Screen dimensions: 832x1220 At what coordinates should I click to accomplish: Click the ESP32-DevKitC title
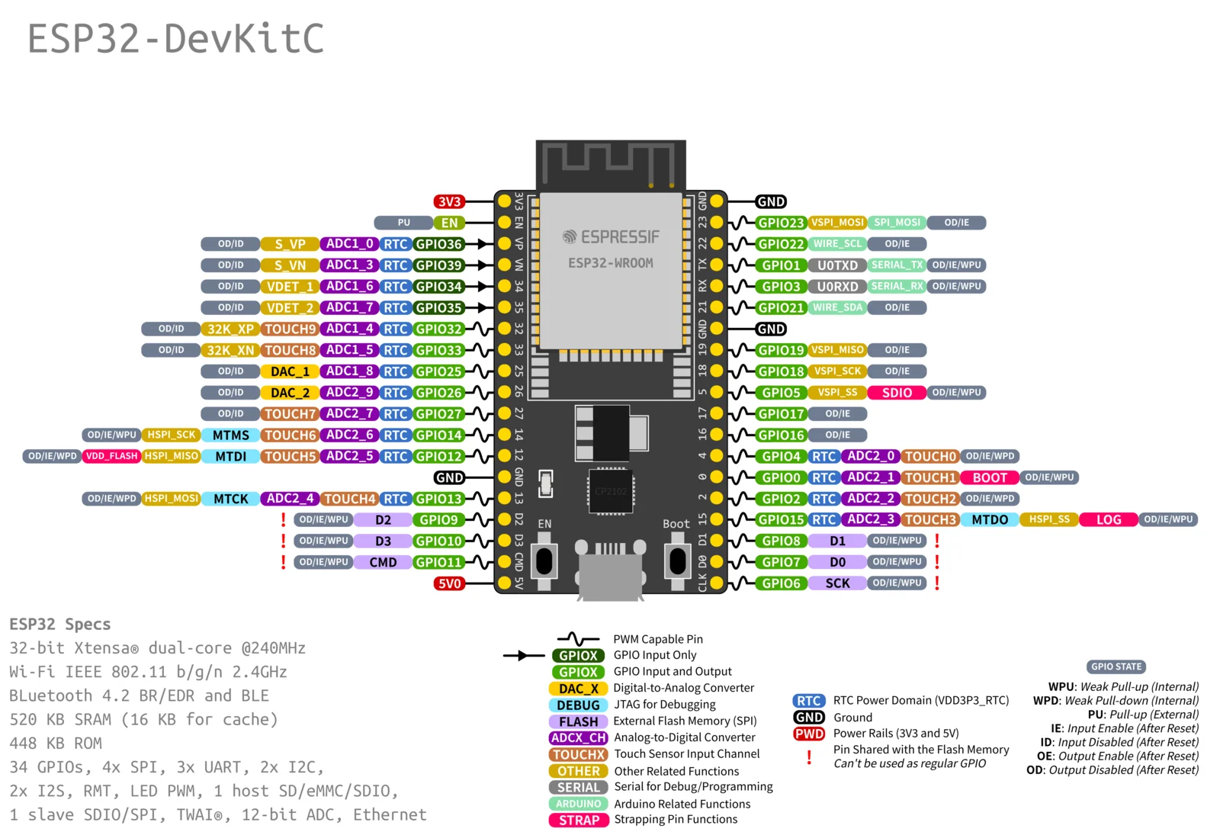175,39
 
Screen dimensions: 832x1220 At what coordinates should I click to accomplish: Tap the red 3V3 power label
449,201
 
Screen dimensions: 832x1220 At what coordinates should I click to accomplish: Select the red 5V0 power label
449,583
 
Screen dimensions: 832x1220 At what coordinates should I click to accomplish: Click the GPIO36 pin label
438,244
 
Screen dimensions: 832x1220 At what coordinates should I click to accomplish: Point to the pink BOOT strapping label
990,477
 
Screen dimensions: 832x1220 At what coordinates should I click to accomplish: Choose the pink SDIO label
897,393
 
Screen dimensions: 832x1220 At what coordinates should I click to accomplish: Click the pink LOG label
1109,519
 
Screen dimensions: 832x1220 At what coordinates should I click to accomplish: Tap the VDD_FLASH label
111,456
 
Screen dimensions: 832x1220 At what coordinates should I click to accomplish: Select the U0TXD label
837,265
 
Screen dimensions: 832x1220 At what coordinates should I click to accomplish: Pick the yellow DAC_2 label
290,393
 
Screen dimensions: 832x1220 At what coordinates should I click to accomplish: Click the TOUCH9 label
290,329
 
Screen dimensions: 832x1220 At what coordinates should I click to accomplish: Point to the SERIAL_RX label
897,286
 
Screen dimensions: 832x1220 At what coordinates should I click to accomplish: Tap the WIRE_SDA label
837,307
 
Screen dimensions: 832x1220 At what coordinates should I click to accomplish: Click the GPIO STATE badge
1116,667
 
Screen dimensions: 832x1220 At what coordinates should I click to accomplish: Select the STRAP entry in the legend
579,821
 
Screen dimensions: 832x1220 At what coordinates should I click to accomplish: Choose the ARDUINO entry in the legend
579,804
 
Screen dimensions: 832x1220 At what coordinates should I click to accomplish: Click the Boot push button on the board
677,561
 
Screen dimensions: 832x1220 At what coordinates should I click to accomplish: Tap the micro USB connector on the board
610,568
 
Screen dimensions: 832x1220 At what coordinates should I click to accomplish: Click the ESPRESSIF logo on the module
611,237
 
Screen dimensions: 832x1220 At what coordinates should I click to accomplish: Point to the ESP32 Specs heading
60,624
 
